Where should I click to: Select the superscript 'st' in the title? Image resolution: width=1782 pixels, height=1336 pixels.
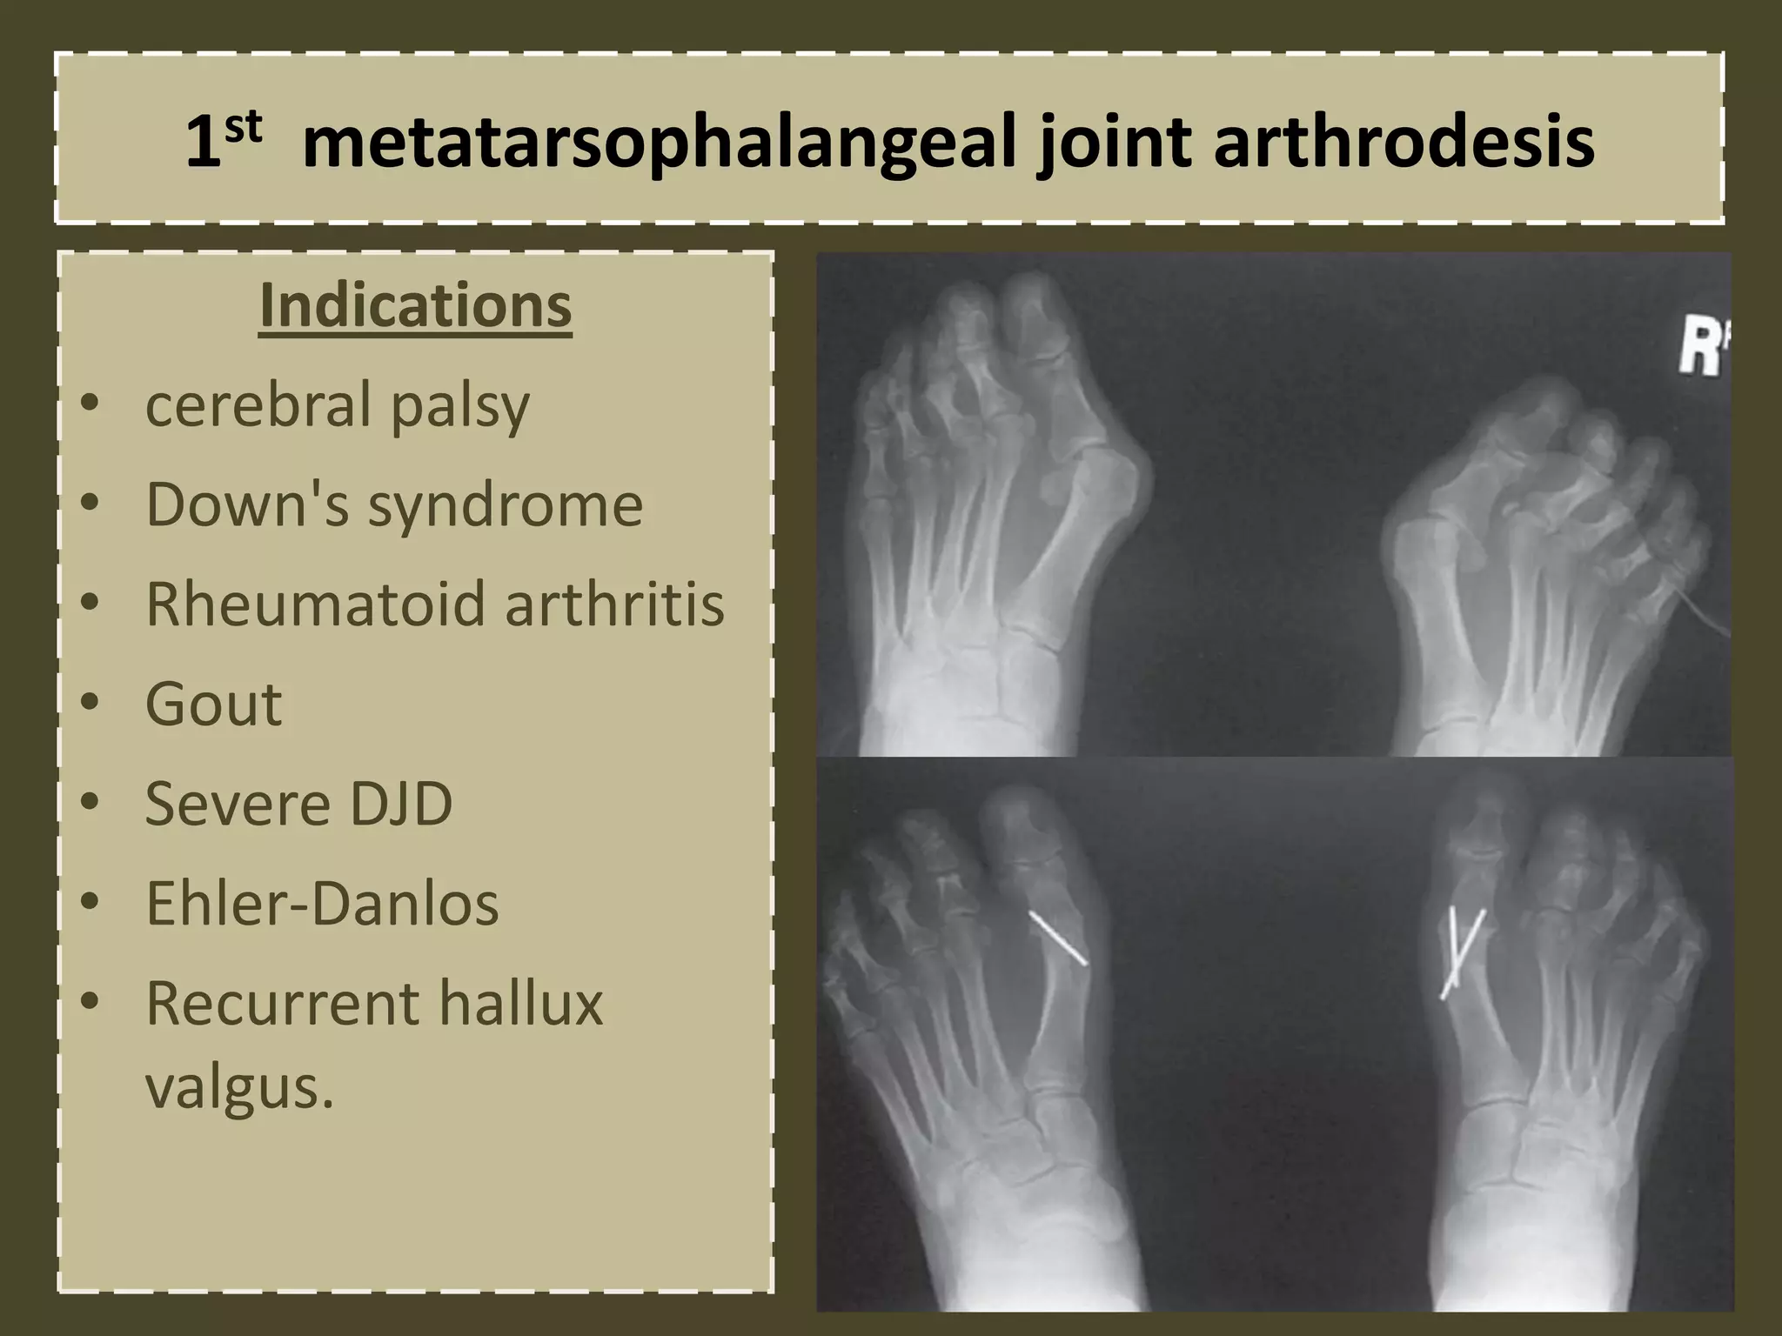click(243, 127)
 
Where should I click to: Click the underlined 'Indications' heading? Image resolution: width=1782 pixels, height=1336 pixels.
click(416, 305)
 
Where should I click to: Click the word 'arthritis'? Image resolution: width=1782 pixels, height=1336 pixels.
click(614, 604)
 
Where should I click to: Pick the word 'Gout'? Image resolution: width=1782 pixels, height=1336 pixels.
click(213, 704)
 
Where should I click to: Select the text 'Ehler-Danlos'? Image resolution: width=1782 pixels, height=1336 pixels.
click(322, 903)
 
